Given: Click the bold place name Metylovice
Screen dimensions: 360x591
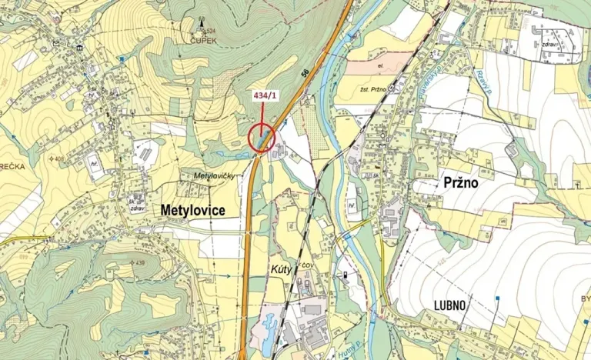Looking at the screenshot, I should tap(192, 208).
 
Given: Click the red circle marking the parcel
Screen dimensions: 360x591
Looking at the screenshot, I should tap(262, 139).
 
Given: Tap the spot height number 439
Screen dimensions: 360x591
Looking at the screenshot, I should tap(139, 263).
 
